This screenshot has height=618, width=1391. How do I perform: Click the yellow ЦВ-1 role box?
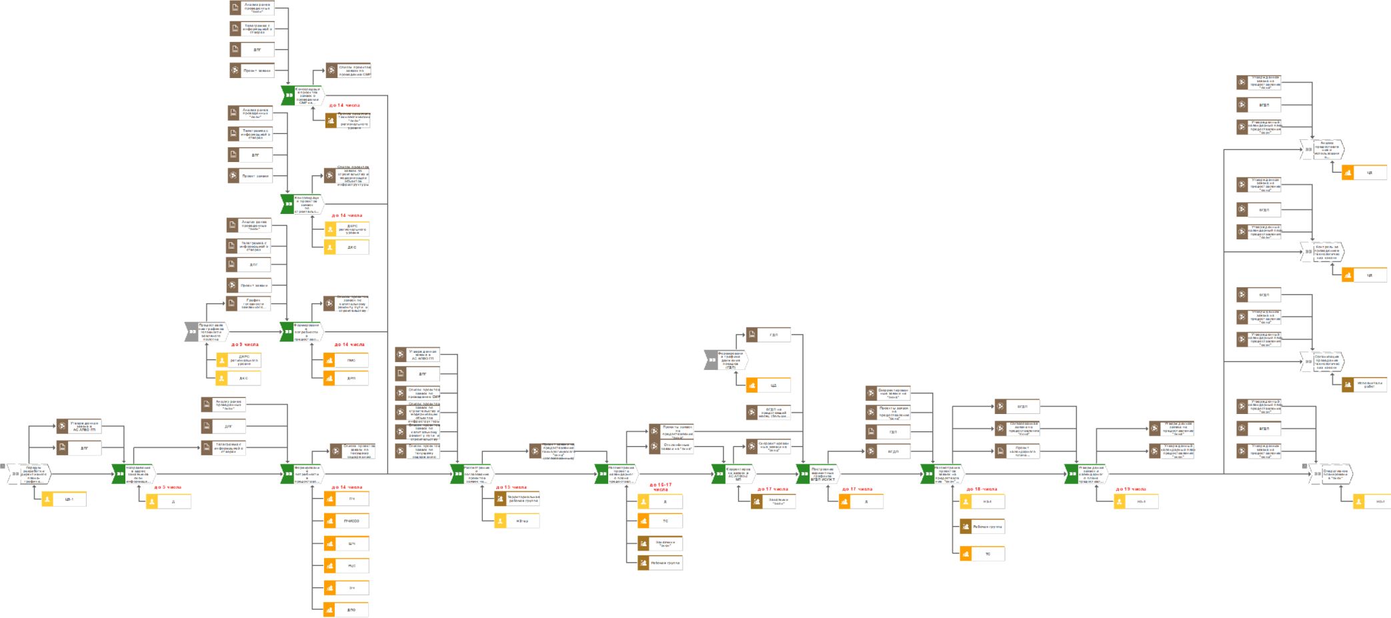pyautogui.click(x=64, y=499)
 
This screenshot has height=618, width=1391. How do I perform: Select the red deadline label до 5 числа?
pyautogui.click(x=168, y=487)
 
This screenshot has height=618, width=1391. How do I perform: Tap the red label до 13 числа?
pyautogui.click(x=511, y=487)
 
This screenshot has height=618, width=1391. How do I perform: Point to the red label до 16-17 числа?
pyautogui.click(x=660, y=487)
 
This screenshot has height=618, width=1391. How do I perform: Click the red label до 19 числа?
pyautogui.click(x=1131, y=489)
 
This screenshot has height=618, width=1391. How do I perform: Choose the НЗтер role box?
pyautogui.click(x=517, y=521)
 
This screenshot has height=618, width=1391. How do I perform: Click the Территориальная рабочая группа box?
pyautogui.click(x=517, y=499)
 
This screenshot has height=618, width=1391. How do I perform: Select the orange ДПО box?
pyautogui.click(x=346, y=609)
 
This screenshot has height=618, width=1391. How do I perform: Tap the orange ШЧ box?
pyautogui.click(x=346, y=543)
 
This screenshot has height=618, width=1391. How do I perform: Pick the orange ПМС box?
pyautogui.click(x=346, y=360)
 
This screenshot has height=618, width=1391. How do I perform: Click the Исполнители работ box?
pyautogui.click(x=1364, y=384)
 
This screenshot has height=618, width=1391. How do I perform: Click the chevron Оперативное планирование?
pyautogui.click(x=1330, y=474)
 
